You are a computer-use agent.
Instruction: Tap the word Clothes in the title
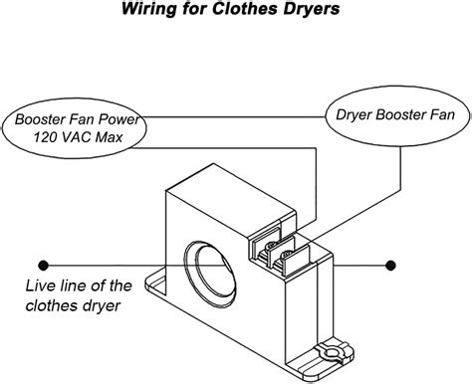pyautogui.click(x=244, y=8)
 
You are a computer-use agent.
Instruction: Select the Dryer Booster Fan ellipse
pyautogui.click(x=397, y=115)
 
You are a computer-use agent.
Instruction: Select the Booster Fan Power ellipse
pyautogui.click(x=75, y=128)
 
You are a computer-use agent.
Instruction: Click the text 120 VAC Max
pyautogui.click(x=78, y=137)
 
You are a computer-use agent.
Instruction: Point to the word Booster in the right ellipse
pyautogui.click(x=401, y=115)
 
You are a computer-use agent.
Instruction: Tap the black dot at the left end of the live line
pyautogui.click(x=44, y=266)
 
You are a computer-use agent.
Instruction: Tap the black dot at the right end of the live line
pyautogui.click(x=390, y=266)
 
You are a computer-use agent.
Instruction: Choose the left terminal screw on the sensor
pyautogui.click(x=271, y=246)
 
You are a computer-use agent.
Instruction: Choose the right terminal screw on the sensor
pyautogui.click(x=286, y=256)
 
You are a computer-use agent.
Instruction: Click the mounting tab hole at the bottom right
pyautogui.click(x=331, y=352)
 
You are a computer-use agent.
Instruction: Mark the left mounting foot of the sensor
pyautogui.click(x=155, y=284)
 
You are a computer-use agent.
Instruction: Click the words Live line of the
pyautogui.click(x=79, y=286)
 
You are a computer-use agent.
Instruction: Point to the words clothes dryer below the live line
pyautogui.click(x=73, y=305)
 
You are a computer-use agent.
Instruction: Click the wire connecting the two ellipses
pyautogui.click(x=233, y=116)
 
